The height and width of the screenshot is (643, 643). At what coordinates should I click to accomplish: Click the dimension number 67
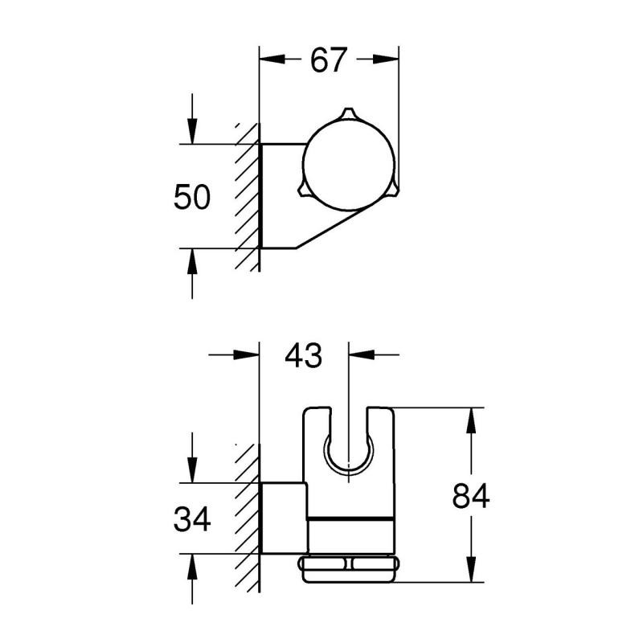(x=329, y=60)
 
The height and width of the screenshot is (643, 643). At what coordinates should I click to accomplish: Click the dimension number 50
(x=192, y=197)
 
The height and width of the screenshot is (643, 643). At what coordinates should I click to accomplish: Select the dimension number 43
(x=304, y=355)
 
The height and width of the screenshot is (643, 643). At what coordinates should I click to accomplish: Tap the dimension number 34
(x=192, y=519)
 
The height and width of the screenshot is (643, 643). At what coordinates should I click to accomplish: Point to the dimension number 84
(x=471, y=496)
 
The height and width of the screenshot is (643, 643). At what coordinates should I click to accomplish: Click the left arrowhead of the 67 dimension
(x=272, y=59)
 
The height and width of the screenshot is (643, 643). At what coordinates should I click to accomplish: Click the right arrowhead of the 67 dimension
(x=386, y=59)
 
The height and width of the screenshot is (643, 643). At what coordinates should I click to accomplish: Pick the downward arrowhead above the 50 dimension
(x=192, y=131)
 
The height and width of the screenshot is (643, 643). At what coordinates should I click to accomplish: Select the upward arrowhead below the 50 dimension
(x=192, y=261)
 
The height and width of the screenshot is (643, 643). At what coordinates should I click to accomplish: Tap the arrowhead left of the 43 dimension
(x=247, y=354)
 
